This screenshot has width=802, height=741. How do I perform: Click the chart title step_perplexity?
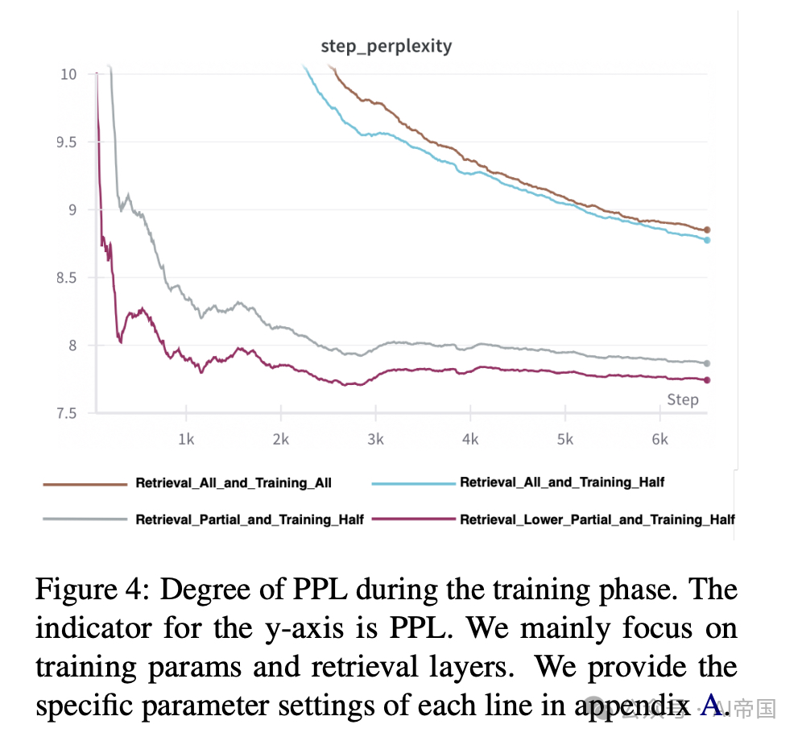(387, 46)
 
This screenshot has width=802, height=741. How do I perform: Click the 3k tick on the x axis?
(375, 439)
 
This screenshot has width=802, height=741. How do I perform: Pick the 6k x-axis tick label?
(659, 439)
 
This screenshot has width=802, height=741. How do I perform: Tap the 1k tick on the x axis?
(186, 439)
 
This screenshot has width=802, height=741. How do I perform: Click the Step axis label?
(682, 399)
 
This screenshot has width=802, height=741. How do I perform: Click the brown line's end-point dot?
(707, 230)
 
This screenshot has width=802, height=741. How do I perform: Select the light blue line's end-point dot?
(707, 240)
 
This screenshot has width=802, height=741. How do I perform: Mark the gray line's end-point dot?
(707, 363)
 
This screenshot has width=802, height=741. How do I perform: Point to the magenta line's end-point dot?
(707, 380)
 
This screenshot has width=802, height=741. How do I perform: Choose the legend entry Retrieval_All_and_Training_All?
(234, 483)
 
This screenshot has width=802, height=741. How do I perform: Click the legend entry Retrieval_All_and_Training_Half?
(562, 482)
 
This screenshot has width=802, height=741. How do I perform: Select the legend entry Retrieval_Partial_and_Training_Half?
(250, 520)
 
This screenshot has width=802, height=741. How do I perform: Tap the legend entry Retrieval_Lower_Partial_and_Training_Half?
(597, 520)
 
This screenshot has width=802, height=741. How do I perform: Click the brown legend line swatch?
(85, 483)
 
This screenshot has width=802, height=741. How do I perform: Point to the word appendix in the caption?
(628, 706)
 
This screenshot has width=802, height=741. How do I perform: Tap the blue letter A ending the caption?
(712, 706)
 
